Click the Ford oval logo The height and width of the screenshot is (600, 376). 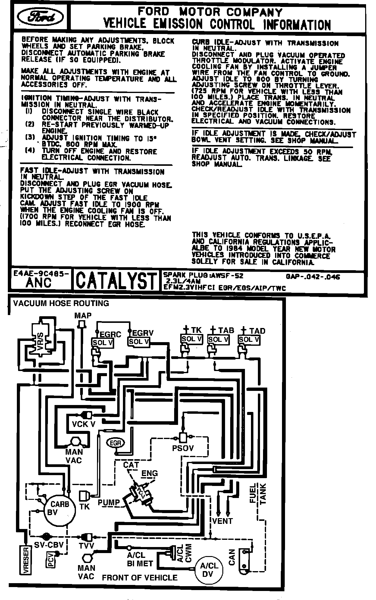[40, 18]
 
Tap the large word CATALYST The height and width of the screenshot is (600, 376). [116, 281]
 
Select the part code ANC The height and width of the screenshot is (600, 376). [38, 283]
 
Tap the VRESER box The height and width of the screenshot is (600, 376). [25, 561]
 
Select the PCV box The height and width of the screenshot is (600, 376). [50, 560]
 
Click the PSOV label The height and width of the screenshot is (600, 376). [183, 448]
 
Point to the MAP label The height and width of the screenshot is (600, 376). [83, 315]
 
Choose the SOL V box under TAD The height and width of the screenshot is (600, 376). [249, 340]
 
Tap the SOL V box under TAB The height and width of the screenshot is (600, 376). [218, 340]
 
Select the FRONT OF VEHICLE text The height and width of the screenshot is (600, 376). [140, 577]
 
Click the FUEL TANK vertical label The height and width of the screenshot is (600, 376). [258, 493]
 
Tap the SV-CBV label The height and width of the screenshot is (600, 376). [49, 545]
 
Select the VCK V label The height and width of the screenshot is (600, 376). [84, 424]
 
